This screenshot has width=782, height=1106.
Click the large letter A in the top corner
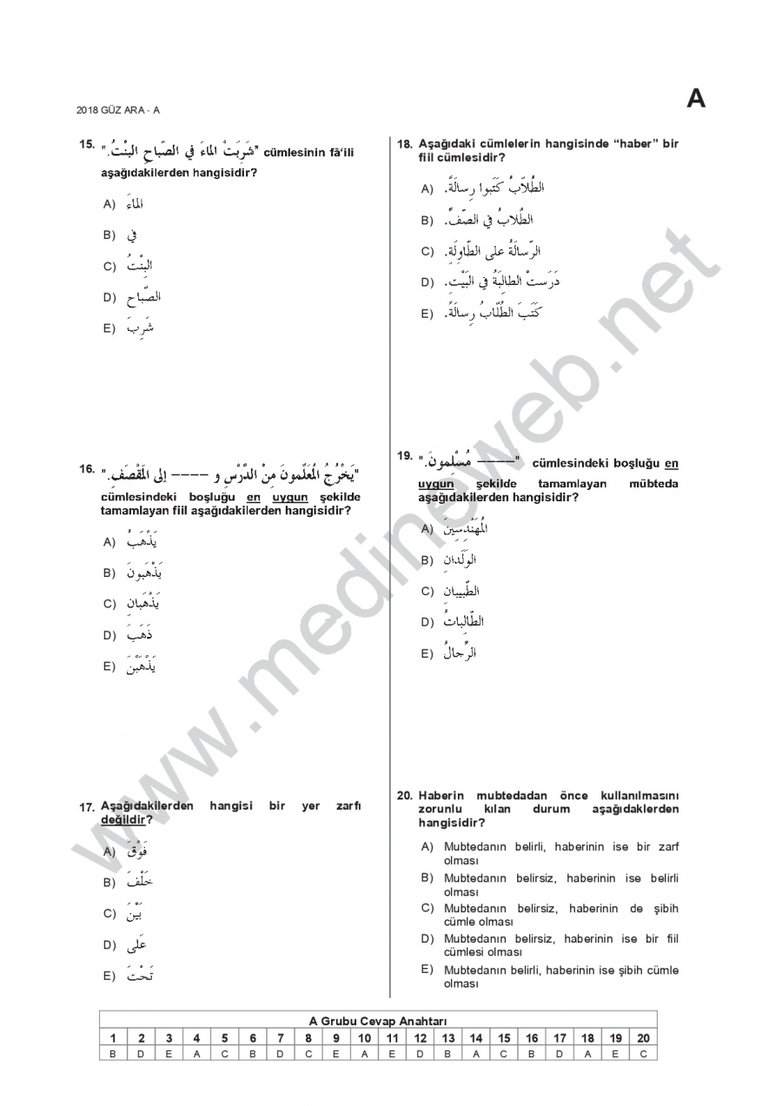696,99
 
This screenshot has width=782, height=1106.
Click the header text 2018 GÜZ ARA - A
118,109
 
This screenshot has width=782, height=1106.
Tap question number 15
86,143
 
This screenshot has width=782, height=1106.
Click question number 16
86,469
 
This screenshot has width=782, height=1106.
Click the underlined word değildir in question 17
123,819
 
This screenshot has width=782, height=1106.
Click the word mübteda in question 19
653,484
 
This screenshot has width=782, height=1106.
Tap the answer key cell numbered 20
643,1037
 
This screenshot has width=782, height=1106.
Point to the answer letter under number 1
113,1053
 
